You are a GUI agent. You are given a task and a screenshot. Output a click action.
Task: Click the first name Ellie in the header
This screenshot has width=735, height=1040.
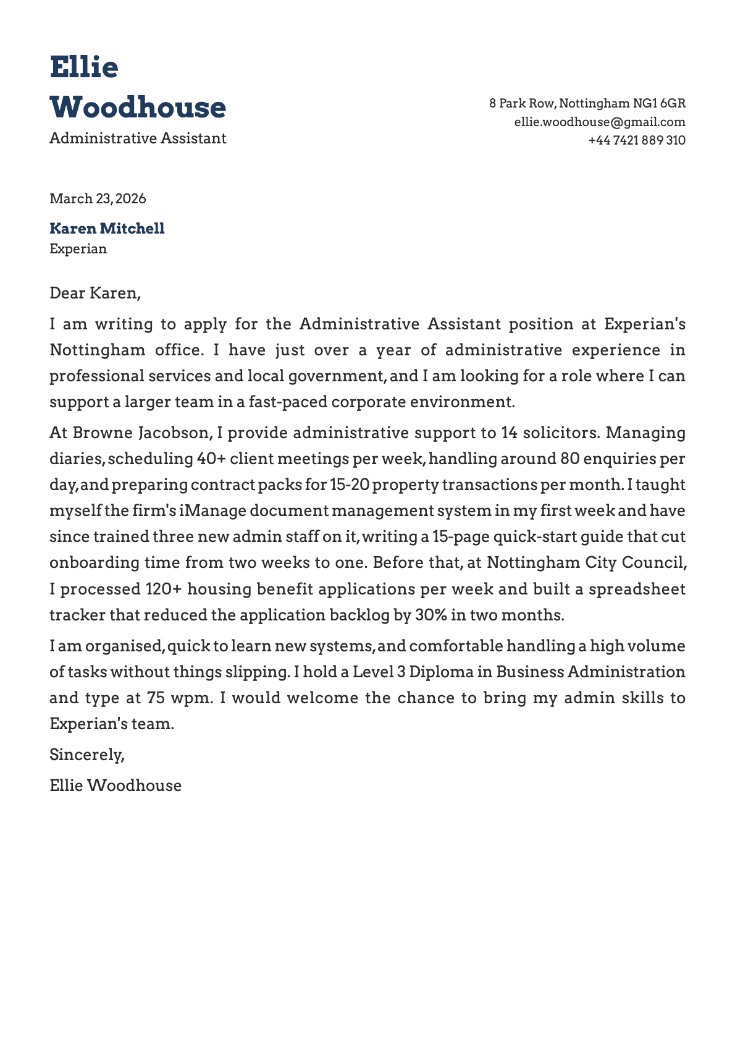point(83,67)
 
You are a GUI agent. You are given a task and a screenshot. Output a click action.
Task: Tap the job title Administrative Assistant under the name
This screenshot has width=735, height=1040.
point(138,138)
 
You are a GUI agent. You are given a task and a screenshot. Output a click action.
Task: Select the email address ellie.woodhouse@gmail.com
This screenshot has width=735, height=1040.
point(599,122)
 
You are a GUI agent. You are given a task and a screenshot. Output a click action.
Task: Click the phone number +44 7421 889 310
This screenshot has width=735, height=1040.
point(636,140)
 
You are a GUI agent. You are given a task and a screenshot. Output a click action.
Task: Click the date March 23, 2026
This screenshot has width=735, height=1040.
point(98,198)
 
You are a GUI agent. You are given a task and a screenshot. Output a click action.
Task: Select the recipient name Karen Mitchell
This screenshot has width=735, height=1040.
point(107,229)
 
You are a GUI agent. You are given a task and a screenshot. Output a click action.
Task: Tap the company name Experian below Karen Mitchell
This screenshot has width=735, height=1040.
point(78,249)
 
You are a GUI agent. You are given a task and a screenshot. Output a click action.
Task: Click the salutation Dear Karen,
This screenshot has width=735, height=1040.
point(95,293)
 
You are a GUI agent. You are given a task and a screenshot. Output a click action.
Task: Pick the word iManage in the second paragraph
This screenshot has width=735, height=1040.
point(213,511)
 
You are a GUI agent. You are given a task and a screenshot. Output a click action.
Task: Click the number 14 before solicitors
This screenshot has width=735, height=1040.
point(509,433)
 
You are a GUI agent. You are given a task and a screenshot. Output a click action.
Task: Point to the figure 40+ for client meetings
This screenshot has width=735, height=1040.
point(211,459)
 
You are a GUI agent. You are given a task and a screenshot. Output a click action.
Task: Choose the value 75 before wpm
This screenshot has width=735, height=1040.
point(156,698)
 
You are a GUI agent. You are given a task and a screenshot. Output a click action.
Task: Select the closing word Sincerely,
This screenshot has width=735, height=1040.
point(87,755)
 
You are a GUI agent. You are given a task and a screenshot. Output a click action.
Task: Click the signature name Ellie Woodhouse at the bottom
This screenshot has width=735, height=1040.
point(115,785)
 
